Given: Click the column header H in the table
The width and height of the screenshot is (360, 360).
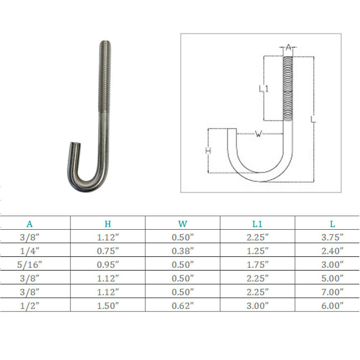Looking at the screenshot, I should point(108,224).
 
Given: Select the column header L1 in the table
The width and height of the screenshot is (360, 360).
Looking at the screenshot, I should point(257,224).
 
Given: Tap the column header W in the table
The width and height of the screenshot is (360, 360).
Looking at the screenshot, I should point(183,224).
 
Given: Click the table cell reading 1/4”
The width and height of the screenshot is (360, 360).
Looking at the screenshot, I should point(30,251).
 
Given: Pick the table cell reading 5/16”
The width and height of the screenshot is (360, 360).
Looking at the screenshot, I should point(30,265).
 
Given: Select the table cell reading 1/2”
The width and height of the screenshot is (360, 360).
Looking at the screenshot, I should point(30,306).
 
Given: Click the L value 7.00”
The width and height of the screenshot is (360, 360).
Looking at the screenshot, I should point(332,292).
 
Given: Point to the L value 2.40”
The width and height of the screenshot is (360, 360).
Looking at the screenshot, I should point(332,251).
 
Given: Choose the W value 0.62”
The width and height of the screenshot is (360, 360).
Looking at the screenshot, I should point(183,306).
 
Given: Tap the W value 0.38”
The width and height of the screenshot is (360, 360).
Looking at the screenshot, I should point(183,251).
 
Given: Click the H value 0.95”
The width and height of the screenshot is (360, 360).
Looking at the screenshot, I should point(108,265).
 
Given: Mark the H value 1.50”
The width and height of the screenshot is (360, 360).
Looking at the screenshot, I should point(108,306).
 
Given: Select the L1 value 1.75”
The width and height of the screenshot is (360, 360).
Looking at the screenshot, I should point(257,265).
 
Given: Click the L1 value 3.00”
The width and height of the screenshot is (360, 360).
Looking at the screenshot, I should point(257,306).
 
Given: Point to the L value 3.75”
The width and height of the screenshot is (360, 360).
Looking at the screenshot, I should point(332,237).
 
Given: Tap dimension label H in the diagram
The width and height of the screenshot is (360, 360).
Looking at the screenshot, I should point(208,150).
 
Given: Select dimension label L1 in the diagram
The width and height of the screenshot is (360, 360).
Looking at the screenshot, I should point(264,88).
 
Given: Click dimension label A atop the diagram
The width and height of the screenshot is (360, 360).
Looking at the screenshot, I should point(288,47).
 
